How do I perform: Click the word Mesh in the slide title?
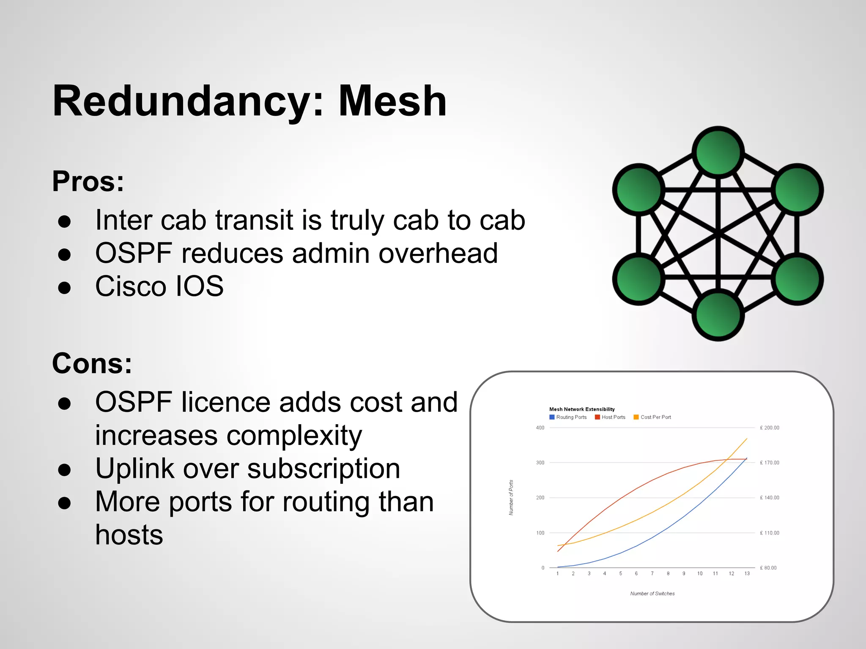pos(392,101)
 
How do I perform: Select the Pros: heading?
pos(88,181)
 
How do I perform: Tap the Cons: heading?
pos(92,363)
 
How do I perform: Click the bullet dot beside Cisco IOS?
pos(64,287)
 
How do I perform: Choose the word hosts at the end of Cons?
pos(129,535)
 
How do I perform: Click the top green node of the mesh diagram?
pos(718,152)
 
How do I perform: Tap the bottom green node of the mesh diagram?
pos(718,315)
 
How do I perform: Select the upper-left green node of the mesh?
pos(639,190)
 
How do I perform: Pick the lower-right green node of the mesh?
pos(797,279)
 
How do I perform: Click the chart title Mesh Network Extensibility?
pos(582,409)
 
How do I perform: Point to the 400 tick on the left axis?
pos(540,428)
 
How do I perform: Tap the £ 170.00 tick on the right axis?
pos(769,463)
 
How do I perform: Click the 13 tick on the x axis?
pos(747,573)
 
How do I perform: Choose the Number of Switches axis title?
pos(652,594)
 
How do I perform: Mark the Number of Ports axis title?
pos(511,497)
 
